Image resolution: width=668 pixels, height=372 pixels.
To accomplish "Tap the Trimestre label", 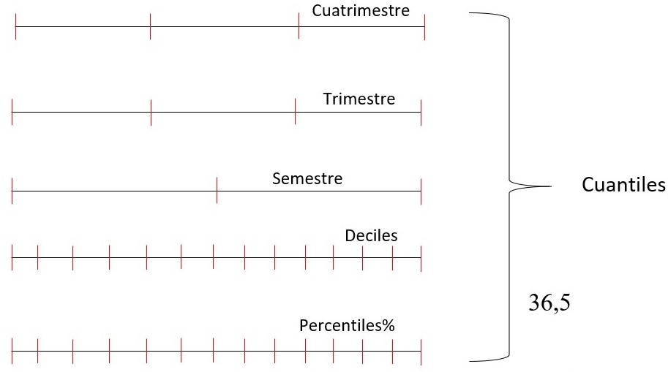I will pos(359,99).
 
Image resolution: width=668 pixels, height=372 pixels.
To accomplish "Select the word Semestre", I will pos(307,178).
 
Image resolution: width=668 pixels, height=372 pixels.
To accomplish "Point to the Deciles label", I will pos(371,235).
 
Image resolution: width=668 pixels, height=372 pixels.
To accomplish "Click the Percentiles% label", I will pos(347,326).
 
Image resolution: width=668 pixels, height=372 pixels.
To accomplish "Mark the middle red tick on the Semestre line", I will pos(217,191).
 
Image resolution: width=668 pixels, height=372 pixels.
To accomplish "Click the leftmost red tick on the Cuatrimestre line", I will pos(15,26).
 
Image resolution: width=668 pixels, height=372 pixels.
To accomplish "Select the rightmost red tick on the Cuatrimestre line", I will pos(424,26).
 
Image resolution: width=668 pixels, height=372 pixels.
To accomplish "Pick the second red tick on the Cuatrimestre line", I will pos(150,26).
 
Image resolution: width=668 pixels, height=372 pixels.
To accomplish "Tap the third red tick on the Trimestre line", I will pos(295,113).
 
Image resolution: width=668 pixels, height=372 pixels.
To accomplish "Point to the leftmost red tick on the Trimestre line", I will pos(12,113).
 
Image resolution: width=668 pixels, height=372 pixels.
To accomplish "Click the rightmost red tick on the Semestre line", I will pos(421,191).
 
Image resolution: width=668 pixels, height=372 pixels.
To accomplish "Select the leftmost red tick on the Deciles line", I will pos(12,257).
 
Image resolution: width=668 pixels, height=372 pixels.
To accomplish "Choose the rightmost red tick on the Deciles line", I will pos(421,257).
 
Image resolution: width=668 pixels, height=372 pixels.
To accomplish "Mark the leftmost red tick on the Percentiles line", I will pos(12,352).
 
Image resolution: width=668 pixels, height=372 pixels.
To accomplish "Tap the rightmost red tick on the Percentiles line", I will pos(421,352).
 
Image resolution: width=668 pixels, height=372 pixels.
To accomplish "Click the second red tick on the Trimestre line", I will pos(150,113).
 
